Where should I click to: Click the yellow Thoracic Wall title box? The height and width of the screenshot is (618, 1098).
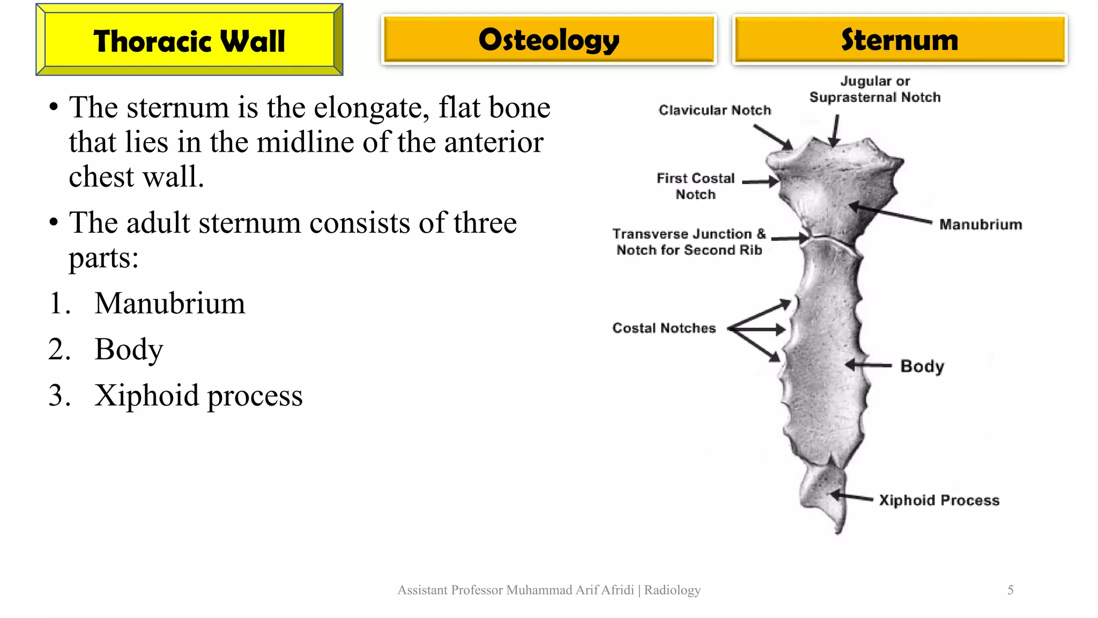click(189, 40)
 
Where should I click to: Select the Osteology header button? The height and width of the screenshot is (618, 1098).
click(548, 40)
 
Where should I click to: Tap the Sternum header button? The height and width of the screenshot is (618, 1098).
click(899, 40)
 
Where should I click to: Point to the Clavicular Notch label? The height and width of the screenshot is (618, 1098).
click(715, 110)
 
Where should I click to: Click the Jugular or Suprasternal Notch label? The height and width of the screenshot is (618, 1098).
click(874, 89)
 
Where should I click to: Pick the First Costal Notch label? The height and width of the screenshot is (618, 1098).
click(695, 186)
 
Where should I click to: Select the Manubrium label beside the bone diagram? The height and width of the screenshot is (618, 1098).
click(981, 224)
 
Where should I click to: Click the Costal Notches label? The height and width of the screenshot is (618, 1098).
click(664, 328)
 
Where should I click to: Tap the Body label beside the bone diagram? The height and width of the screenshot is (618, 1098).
click(922, 366)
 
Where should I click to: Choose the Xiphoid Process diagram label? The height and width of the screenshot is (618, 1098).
click(939, 500)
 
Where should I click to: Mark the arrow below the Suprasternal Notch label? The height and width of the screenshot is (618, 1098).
click(835, 131)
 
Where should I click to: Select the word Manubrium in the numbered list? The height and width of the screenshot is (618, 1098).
click(169, 303)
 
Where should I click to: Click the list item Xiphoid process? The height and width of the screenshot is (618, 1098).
click(198, 395)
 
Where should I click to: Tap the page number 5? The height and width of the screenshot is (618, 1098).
click(1010, 590)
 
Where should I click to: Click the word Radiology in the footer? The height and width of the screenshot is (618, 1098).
click(672, 590)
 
